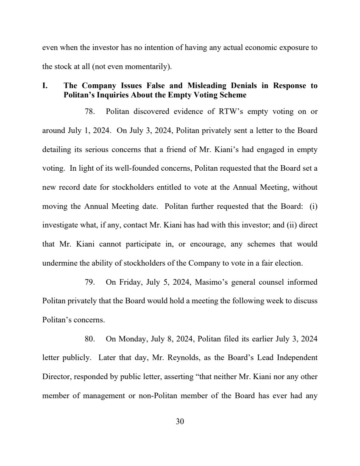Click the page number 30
tap(180, 422)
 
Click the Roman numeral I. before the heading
tap(45, 86)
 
